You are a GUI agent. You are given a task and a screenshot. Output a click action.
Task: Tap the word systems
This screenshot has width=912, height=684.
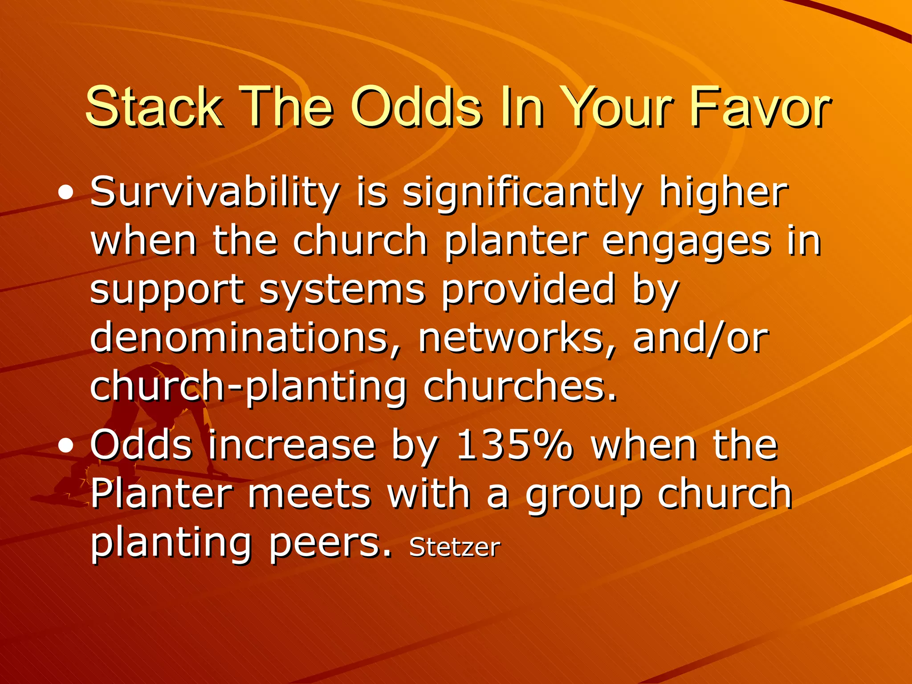click(342, 290)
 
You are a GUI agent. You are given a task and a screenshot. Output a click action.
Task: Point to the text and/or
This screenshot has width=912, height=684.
click(700, 338)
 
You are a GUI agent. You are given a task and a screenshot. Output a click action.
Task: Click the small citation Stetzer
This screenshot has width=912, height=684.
click(455, 547)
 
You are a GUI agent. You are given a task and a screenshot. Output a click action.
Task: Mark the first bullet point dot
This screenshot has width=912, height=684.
click(66, 193)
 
